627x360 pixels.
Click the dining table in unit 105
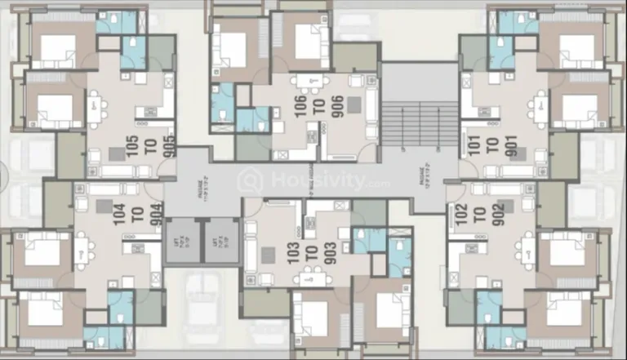[96, 105]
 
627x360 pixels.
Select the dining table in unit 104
[82, 249]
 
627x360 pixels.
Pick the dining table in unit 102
[528, 249]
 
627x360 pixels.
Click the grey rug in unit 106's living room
[354, 104]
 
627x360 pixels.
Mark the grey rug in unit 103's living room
[268, 254]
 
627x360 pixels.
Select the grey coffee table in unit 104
[104, 206]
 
